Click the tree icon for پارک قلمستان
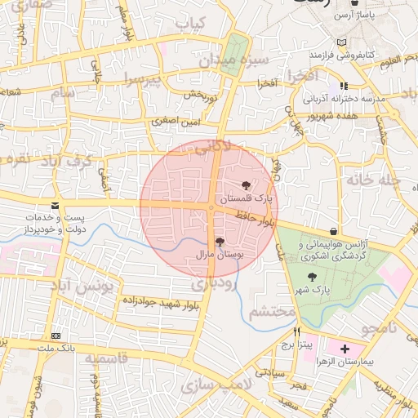click(x=247, y=185)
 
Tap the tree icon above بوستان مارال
click(x=219, y=241)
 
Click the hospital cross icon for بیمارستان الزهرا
click(x=345, y=348)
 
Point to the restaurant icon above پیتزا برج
click(x=296, y=331)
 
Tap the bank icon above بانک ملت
click(x=56, y=336)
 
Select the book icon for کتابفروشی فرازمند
click(x=340, y=42)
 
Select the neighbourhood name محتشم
click(x=271, y=312)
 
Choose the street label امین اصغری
click(x=173, y=121)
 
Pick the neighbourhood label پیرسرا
click(x=143, y=79)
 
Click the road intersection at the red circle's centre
click(x=211, y=208)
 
